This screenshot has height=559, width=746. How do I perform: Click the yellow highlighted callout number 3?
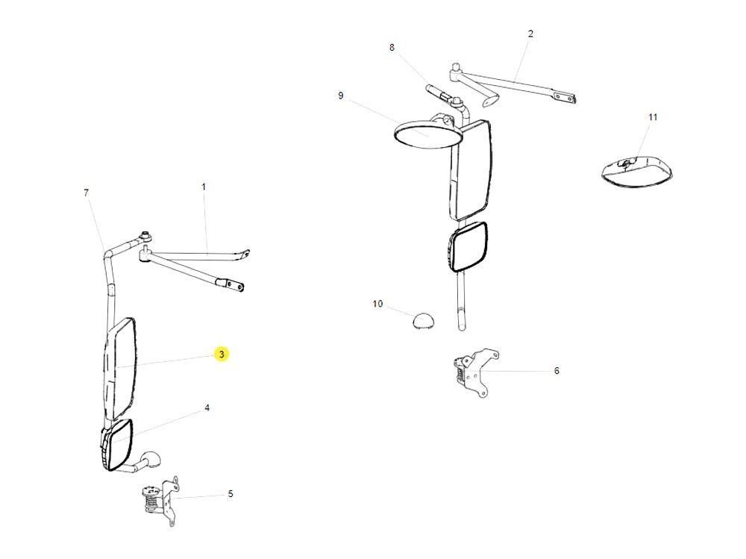point(222,355)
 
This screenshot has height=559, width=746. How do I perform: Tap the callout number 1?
point(204,187)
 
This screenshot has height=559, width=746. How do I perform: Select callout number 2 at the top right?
point(530,34)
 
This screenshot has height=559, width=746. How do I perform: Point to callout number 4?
point(207,408)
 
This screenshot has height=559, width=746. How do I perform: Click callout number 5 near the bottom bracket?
point(231,493)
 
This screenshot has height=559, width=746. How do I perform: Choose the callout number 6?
point(557,370)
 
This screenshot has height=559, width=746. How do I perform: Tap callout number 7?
point(87,193)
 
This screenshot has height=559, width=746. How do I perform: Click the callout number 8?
point(392,48)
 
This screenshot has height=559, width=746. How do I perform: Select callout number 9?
point(340,96)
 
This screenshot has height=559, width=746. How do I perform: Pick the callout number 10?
point(377,304)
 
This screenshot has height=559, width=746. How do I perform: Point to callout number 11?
point(653,117)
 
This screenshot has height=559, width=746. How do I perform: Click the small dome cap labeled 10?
point(423,321)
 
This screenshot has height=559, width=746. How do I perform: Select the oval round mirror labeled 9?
point(422,137)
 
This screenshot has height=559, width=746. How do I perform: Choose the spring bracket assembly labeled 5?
point(159,496)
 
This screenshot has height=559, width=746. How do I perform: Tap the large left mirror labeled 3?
point(121,368)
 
